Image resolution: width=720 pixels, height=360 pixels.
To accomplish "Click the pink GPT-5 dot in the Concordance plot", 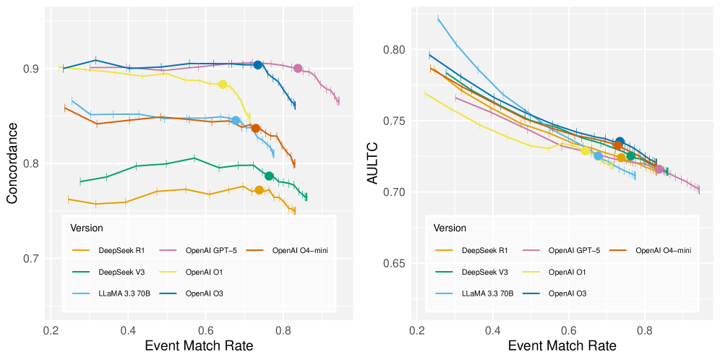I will tap(298, 68).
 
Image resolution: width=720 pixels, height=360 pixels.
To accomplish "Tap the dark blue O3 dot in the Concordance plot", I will tap(258, 65).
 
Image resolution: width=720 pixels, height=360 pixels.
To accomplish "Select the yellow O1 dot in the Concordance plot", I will tap(223, 85).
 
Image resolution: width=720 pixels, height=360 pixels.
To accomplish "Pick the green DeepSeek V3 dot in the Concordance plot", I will tap(269, 176).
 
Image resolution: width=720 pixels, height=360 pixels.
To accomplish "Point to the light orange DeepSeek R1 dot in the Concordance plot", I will tap(259, 190).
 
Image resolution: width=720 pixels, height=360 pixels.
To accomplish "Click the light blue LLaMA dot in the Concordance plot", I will tap(236, 120).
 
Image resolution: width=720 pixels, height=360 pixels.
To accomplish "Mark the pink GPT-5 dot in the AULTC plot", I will tap(659, 169).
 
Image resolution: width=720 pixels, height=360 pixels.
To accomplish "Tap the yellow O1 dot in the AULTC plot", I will tap(586, 150).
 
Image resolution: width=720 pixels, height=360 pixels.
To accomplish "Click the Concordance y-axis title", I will tap(12, 162).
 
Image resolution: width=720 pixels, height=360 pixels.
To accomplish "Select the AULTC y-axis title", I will tap(374, 162).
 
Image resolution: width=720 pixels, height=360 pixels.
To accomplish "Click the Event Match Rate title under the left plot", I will tap(199, 346).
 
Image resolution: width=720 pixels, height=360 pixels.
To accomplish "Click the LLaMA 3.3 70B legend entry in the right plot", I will tap(487, 293).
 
